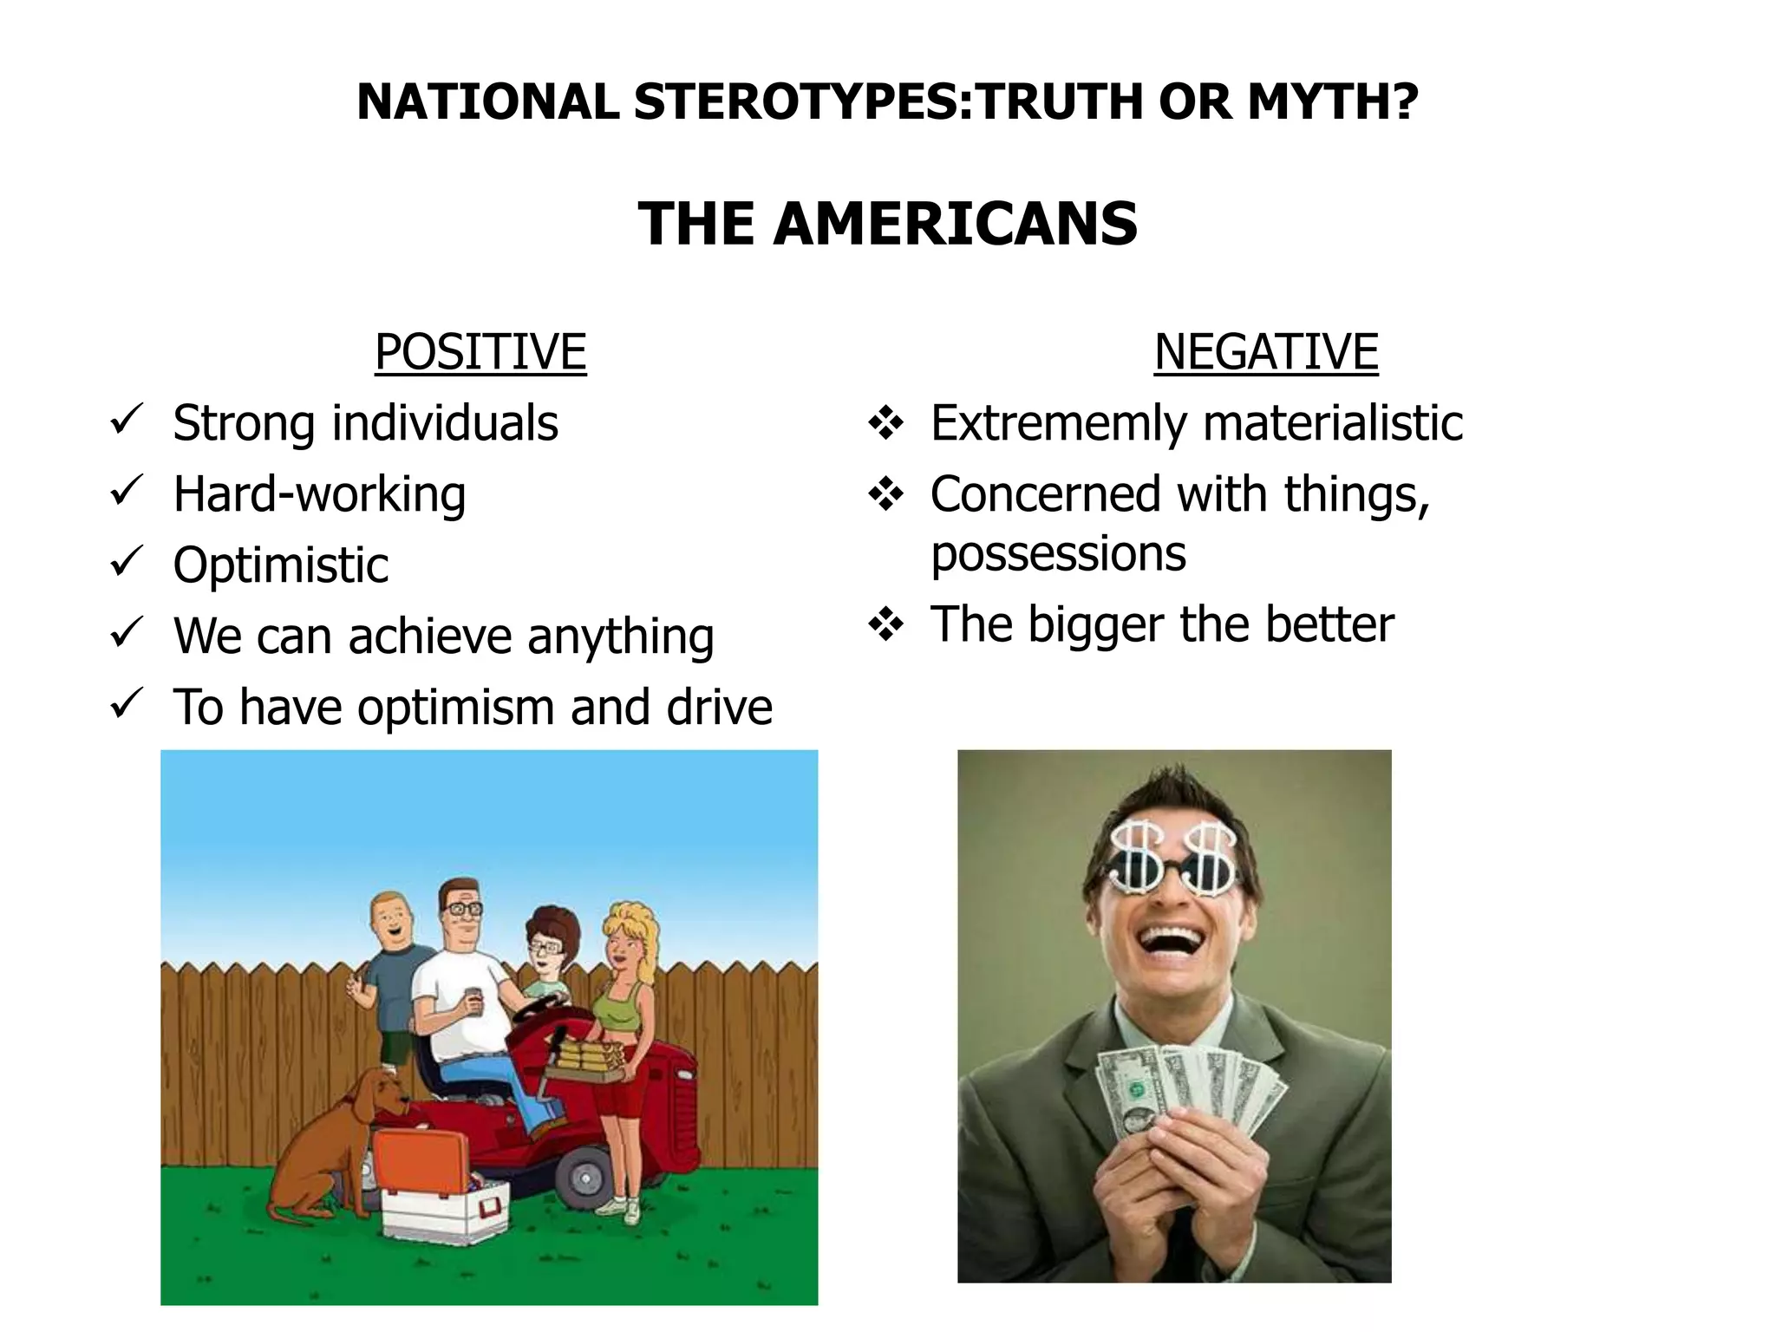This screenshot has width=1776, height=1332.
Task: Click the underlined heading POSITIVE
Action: pos(480,352)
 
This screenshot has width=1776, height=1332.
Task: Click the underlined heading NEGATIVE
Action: pos(1265,352)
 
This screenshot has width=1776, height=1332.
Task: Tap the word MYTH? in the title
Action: pos(1333,101)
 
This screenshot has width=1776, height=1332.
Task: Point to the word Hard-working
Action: pos(319,494)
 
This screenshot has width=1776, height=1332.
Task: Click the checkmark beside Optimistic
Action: pos(127,564)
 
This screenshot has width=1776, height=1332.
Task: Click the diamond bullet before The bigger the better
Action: pos(885,624)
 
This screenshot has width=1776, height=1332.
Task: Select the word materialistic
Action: pos(1333,423)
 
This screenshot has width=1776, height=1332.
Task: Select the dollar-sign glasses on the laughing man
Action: pos(1173,863)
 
